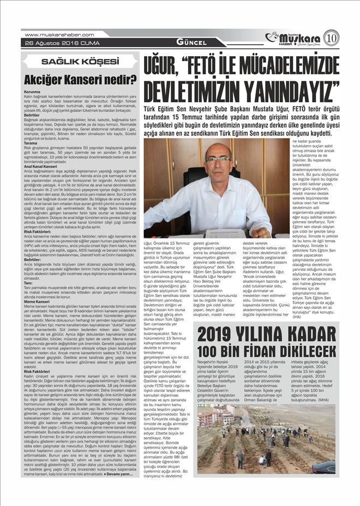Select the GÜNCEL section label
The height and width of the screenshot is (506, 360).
191,43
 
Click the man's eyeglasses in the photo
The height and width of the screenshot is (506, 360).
218,160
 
